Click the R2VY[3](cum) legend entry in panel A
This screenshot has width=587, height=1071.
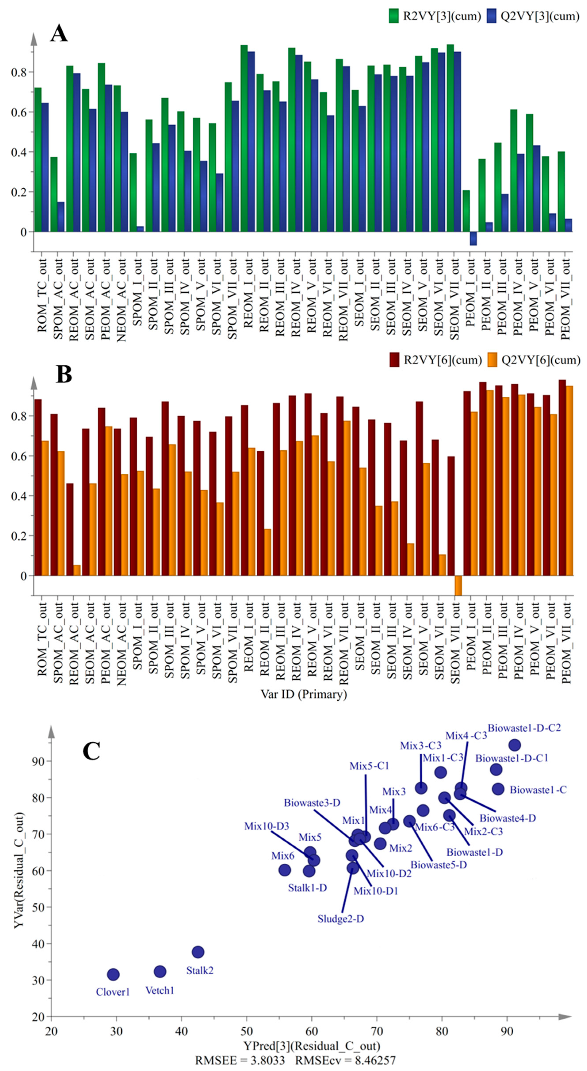[434, 16]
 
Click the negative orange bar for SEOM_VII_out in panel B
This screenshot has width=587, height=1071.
[458, 585]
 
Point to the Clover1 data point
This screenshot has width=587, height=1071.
[113, 974]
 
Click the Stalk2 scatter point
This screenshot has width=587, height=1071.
[198, 952]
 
